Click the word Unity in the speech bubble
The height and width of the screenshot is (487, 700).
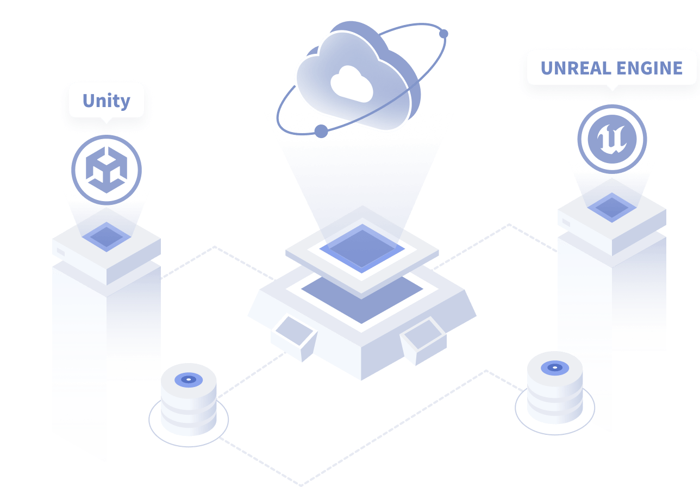point(106,101)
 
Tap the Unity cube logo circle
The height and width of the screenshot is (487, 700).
point(107,170)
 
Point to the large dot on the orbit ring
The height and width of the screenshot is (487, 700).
point(321,131)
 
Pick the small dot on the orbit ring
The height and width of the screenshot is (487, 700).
point(443,34)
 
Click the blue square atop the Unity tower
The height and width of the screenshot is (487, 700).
point(107,236)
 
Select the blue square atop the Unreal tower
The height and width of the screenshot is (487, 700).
point(612,207)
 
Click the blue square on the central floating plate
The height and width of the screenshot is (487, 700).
point(362,248)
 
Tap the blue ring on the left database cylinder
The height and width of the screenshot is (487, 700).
point(189,379)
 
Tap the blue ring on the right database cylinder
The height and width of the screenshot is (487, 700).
point(555,368)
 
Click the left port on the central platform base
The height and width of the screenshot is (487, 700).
point(294,337)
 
